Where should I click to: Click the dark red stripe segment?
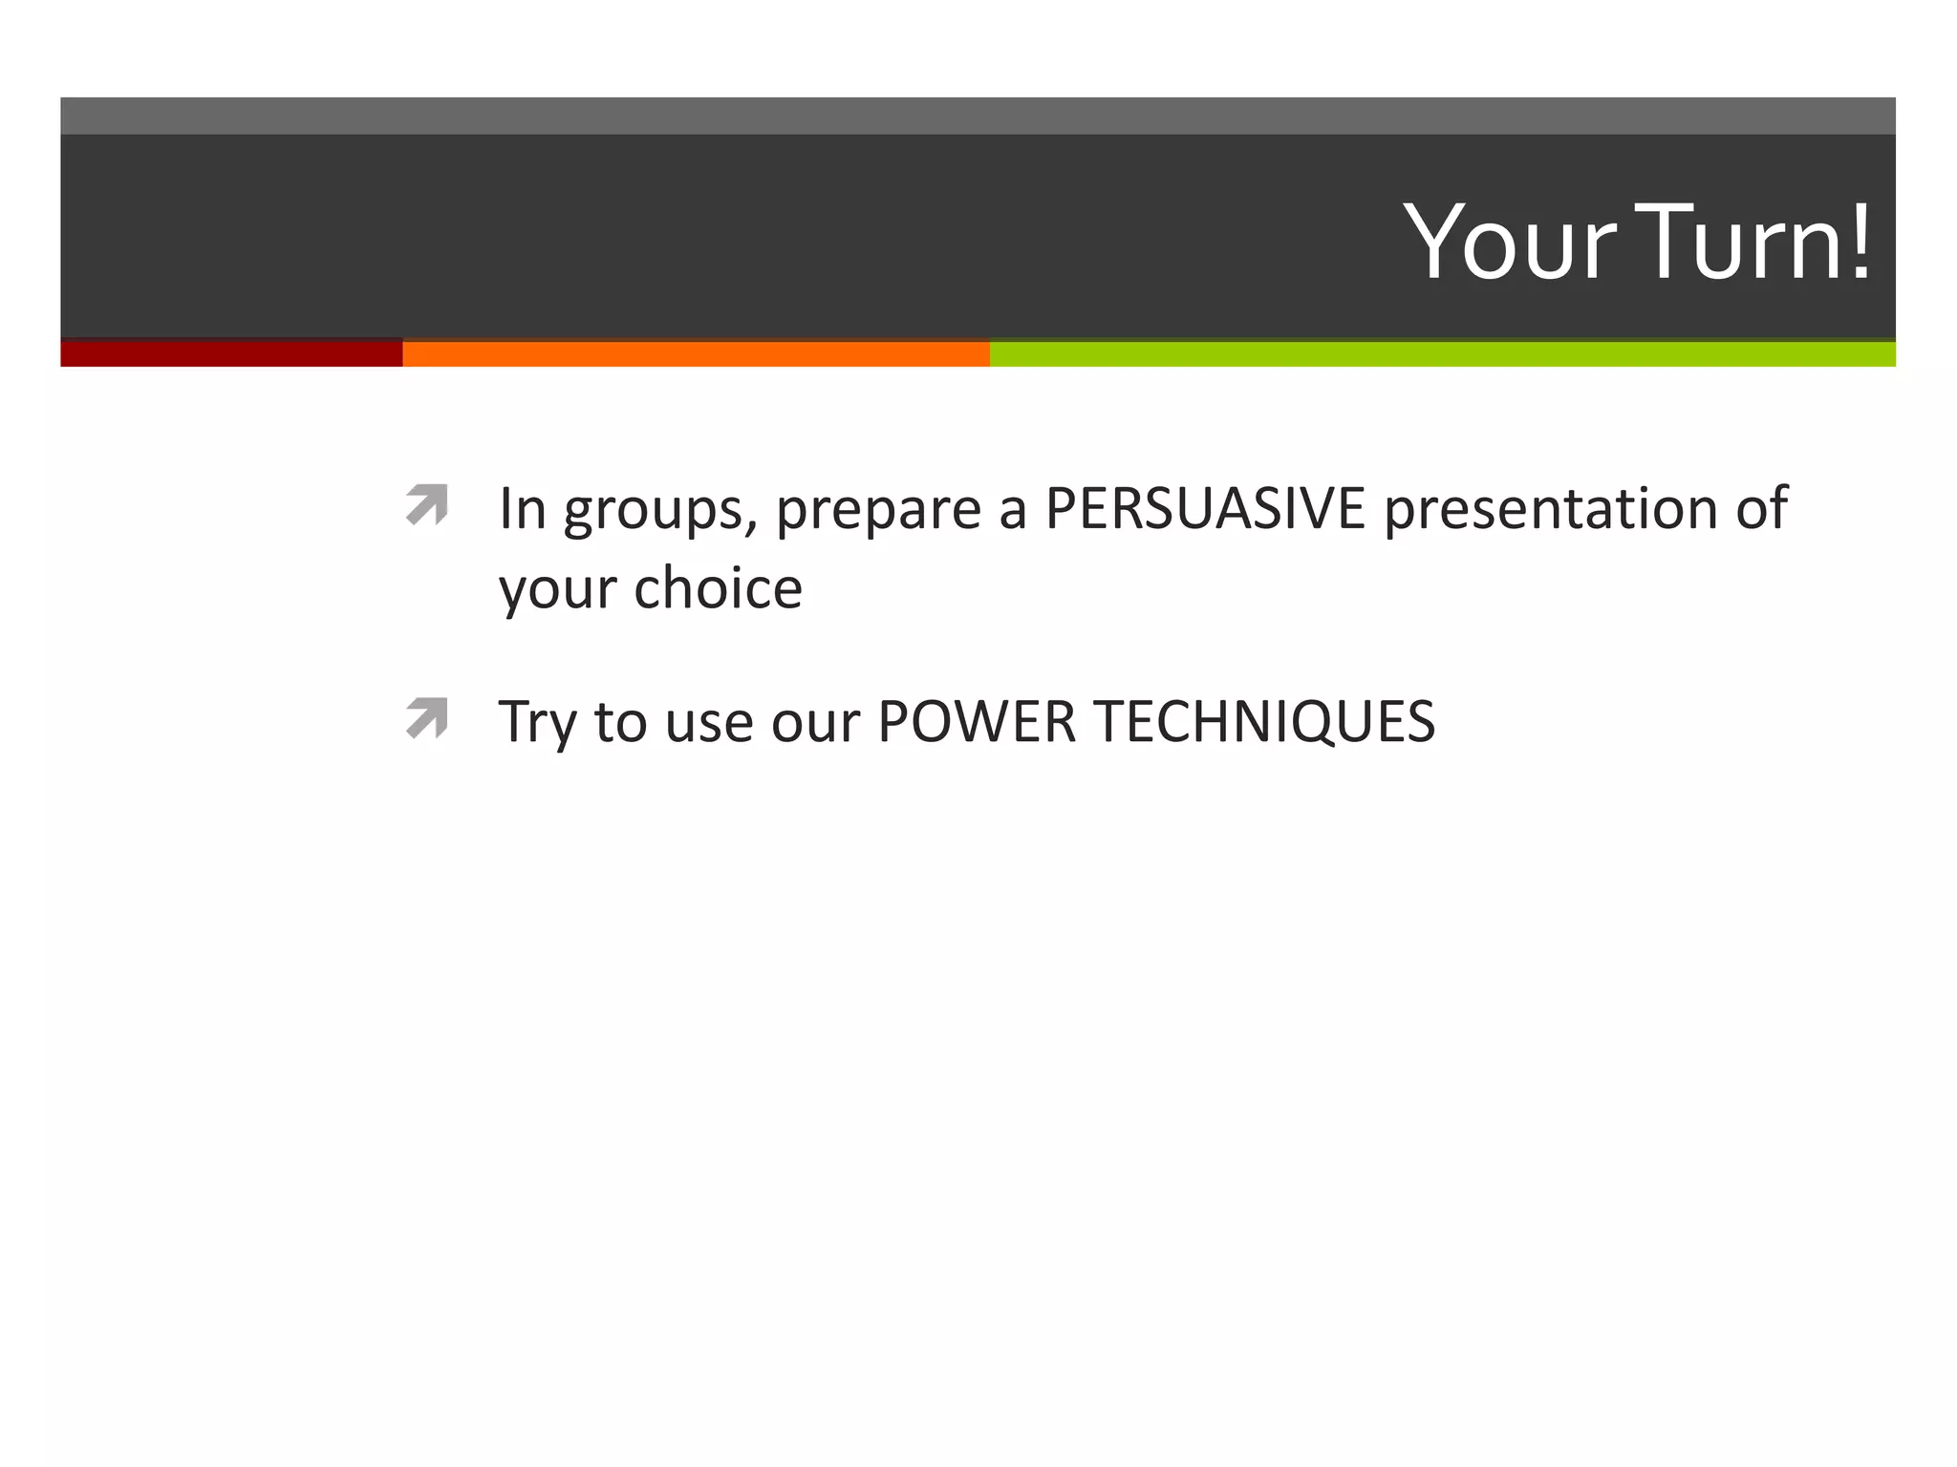tap(231, 353)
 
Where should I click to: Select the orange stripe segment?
tap(696, 353)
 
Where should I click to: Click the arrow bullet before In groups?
tap(426, 504)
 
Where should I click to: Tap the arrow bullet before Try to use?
tap(426, 717)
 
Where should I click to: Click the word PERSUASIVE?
tap(1205, 508)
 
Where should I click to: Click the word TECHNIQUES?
tap(1263, 721)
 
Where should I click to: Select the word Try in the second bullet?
tap(537, 723)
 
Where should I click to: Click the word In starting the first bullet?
tap(522, 508)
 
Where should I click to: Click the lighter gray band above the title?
tap(978, 116)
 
